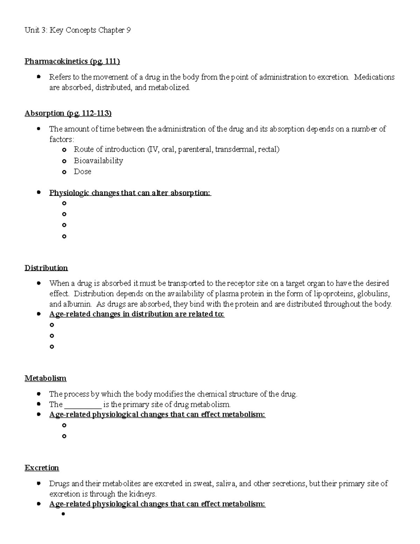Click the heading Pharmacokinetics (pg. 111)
(72, 62)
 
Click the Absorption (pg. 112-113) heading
(68, 113)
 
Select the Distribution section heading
(46, 268)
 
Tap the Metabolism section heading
(45, 378)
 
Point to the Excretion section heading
(42, 468)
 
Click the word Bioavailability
(98, 161)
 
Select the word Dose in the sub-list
(83, 172)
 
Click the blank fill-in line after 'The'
(83, 405)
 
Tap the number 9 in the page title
(128, 30)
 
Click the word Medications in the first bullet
(374, 77)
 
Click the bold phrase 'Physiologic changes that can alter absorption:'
(130, 193)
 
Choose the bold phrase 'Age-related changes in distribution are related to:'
(137, 314)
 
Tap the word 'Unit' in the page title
(32, 30)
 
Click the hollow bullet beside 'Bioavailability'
(64, 161)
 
